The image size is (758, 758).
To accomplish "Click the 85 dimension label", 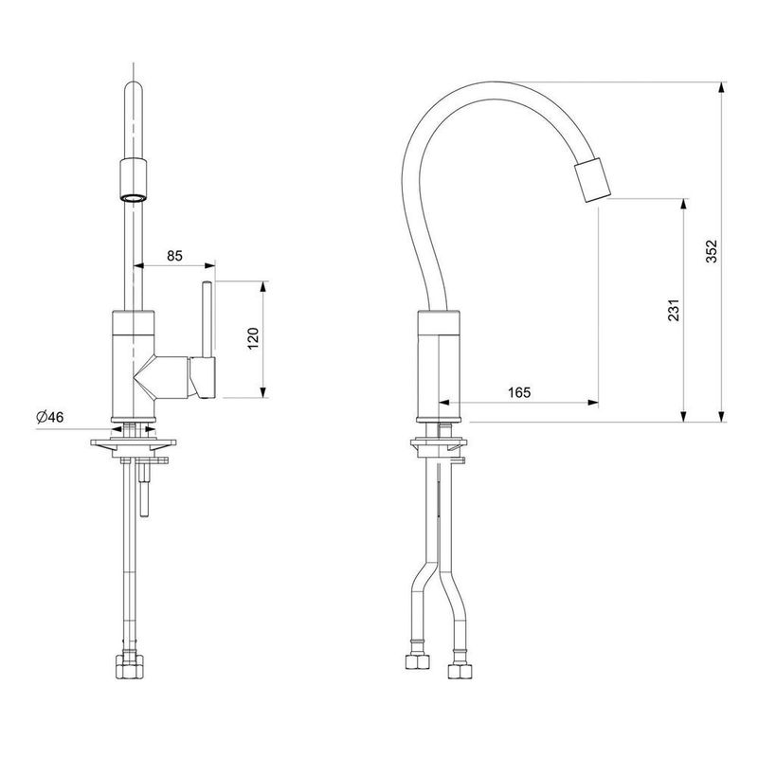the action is (x=174, y=255).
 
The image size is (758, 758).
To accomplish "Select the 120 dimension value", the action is (x=253, y=338).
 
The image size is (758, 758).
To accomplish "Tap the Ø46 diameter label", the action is (x=50, y=417).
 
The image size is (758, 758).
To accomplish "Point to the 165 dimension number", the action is (x=519, y=392).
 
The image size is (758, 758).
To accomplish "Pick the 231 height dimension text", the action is (x=674, y=311).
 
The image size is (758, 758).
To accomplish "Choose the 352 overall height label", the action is (x=712, y=251).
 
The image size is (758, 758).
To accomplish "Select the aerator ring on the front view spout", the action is (x=133, y=197).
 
